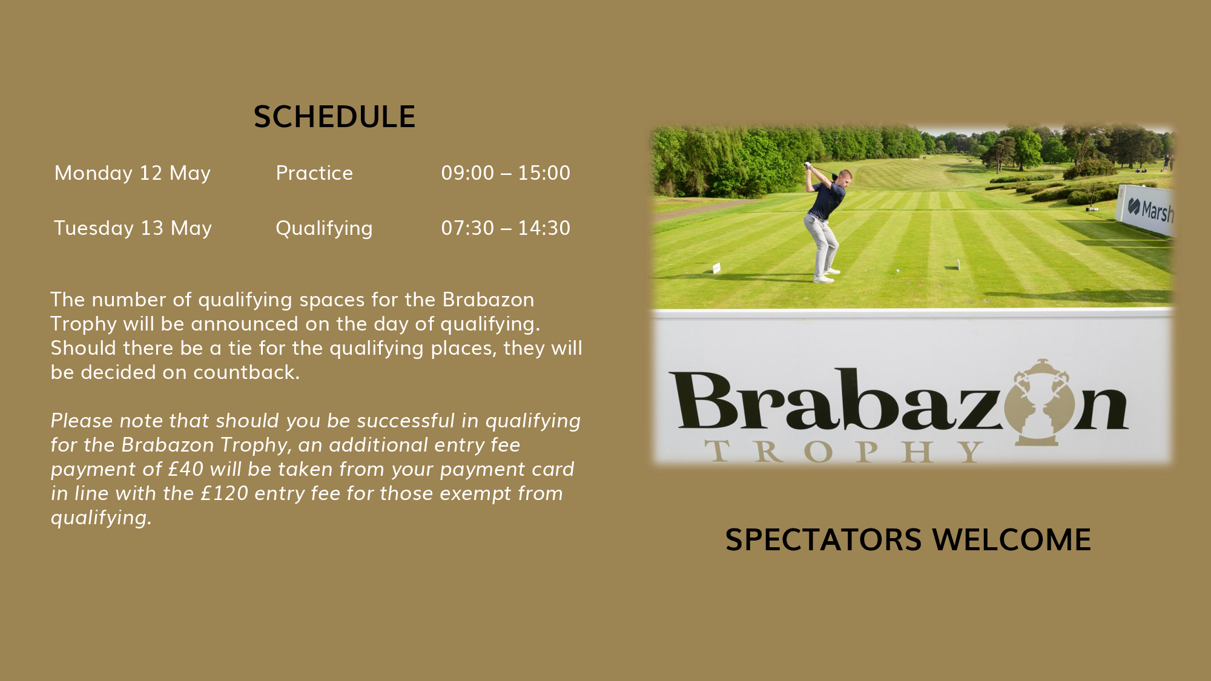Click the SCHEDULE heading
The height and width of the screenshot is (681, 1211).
(334, 117)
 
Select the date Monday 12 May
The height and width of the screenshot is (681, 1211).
(133, 173)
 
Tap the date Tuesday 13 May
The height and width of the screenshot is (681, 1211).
(133, 228)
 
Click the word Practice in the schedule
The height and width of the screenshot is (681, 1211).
(314, 173)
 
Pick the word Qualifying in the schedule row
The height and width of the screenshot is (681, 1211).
(324, 229)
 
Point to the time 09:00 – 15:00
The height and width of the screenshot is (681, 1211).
(506, 173)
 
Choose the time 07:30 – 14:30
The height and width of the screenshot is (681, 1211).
(506, 228)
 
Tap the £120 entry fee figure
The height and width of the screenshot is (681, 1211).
(225, 493)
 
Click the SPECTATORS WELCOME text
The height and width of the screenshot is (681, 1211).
(908, 540)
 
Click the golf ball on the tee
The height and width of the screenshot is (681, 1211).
(897, 271)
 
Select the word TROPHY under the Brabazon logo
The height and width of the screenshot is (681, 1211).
(845, 452)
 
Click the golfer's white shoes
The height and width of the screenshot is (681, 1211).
(827, 275)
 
